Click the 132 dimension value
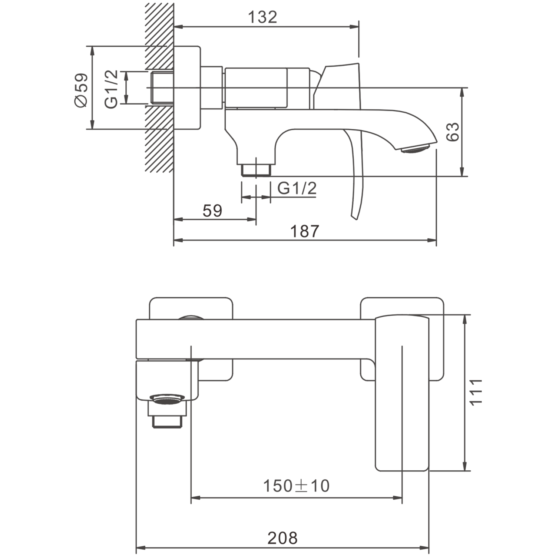[262, 17]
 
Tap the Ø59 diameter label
[81, 90]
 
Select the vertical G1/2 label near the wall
[111, 89]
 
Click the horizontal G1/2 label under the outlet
[297, 189]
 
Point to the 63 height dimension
[453, 132]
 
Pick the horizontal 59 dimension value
[212, 211]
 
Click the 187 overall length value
[304, 231]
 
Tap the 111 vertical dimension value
[476, 392]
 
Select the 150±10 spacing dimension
[296, 486]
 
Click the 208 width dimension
[282, 538]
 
